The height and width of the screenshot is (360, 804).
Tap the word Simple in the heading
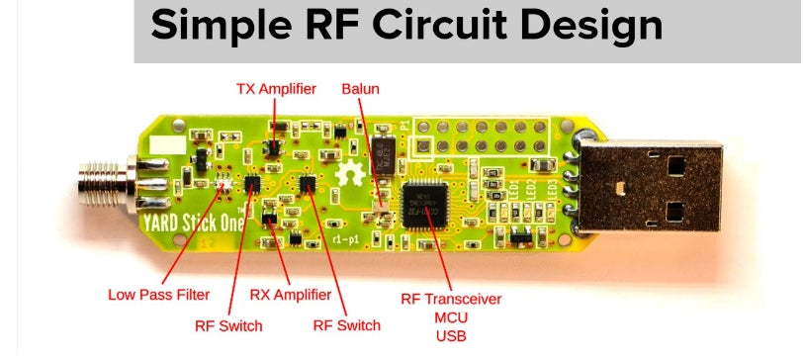click(x=216, y=26)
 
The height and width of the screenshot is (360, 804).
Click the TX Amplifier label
click(x=276, y=89)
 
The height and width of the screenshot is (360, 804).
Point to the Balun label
click(x=360, y=89)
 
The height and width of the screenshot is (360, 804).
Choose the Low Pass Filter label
click(x=158, y=294)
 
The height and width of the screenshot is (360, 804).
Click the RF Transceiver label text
click(x=451, y=298)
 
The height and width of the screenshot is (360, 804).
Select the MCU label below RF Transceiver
click(x=452, y=316)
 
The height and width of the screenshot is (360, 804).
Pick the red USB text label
click(x=452, y=335)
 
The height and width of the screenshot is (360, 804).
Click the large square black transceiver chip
click(x=422, y=201)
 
